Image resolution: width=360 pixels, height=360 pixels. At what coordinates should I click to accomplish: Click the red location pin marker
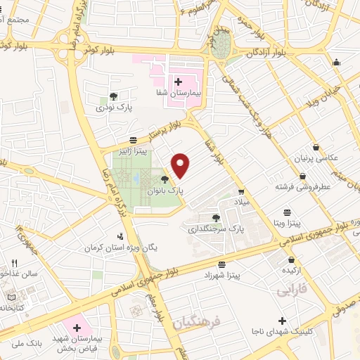(x=181, y=165)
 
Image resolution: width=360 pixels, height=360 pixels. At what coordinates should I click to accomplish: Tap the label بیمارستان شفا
(x=179, y=93)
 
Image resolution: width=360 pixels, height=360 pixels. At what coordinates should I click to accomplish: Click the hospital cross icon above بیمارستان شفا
(x=178, y=82)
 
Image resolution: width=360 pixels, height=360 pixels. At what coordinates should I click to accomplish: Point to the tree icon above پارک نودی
(x=114, y=96)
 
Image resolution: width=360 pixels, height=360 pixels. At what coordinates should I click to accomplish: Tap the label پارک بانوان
(x=165, y=191)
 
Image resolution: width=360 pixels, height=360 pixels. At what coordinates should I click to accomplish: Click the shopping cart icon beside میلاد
(x=241, y=191)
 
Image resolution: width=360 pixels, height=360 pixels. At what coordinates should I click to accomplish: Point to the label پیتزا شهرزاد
(x=223, y=276)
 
